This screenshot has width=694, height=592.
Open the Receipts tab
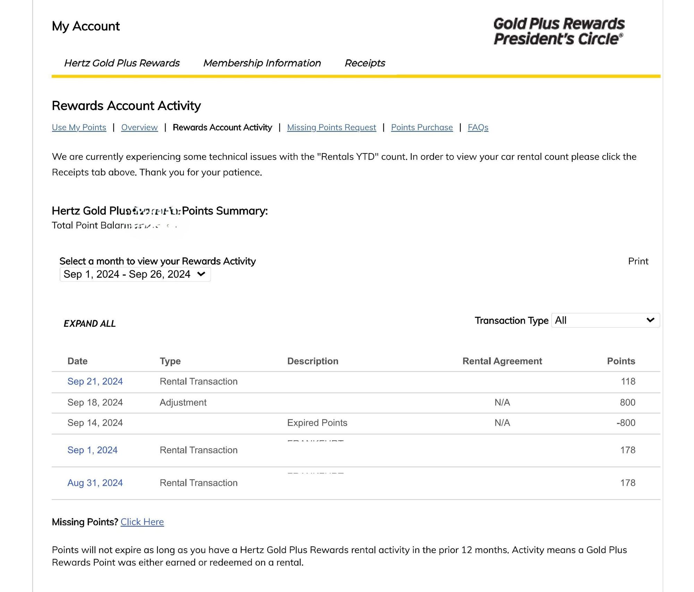pos(365,63)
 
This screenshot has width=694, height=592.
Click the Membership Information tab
pos(262,63)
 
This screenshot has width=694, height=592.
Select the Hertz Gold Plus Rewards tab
pos(122,63)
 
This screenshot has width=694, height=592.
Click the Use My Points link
pos(79,127)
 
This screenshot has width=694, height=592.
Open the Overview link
pos(139,127)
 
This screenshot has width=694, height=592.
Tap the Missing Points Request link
pos(331,127)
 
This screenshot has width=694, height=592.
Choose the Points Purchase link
pos(422,127)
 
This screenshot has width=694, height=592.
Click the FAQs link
pos(478,127)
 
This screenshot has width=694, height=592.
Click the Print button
pos(638,261)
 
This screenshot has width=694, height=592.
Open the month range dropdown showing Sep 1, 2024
pos(135,274)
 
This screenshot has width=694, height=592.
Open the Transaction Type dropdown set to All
pos(605,320)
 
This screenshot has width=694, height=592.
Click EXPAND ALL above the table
pos(90,324)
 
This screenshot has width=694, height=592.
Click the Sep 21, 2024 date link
pos(95,381)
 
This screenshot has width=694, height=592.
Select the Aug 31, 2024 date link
pos(95,483)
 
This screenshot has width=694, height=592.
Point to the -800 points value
pos(626,423)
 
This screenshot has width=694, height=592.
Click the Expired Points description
pos(317,423)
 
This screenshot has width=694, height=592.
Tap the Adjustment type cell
pos(183,402)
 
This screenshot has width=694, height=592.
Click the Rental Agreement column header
pos(502,361)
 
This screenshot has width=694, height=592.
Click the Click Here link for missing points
pos(142,522)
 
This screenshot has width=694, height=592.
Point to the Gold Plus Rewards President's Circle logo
pos(559,31)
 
